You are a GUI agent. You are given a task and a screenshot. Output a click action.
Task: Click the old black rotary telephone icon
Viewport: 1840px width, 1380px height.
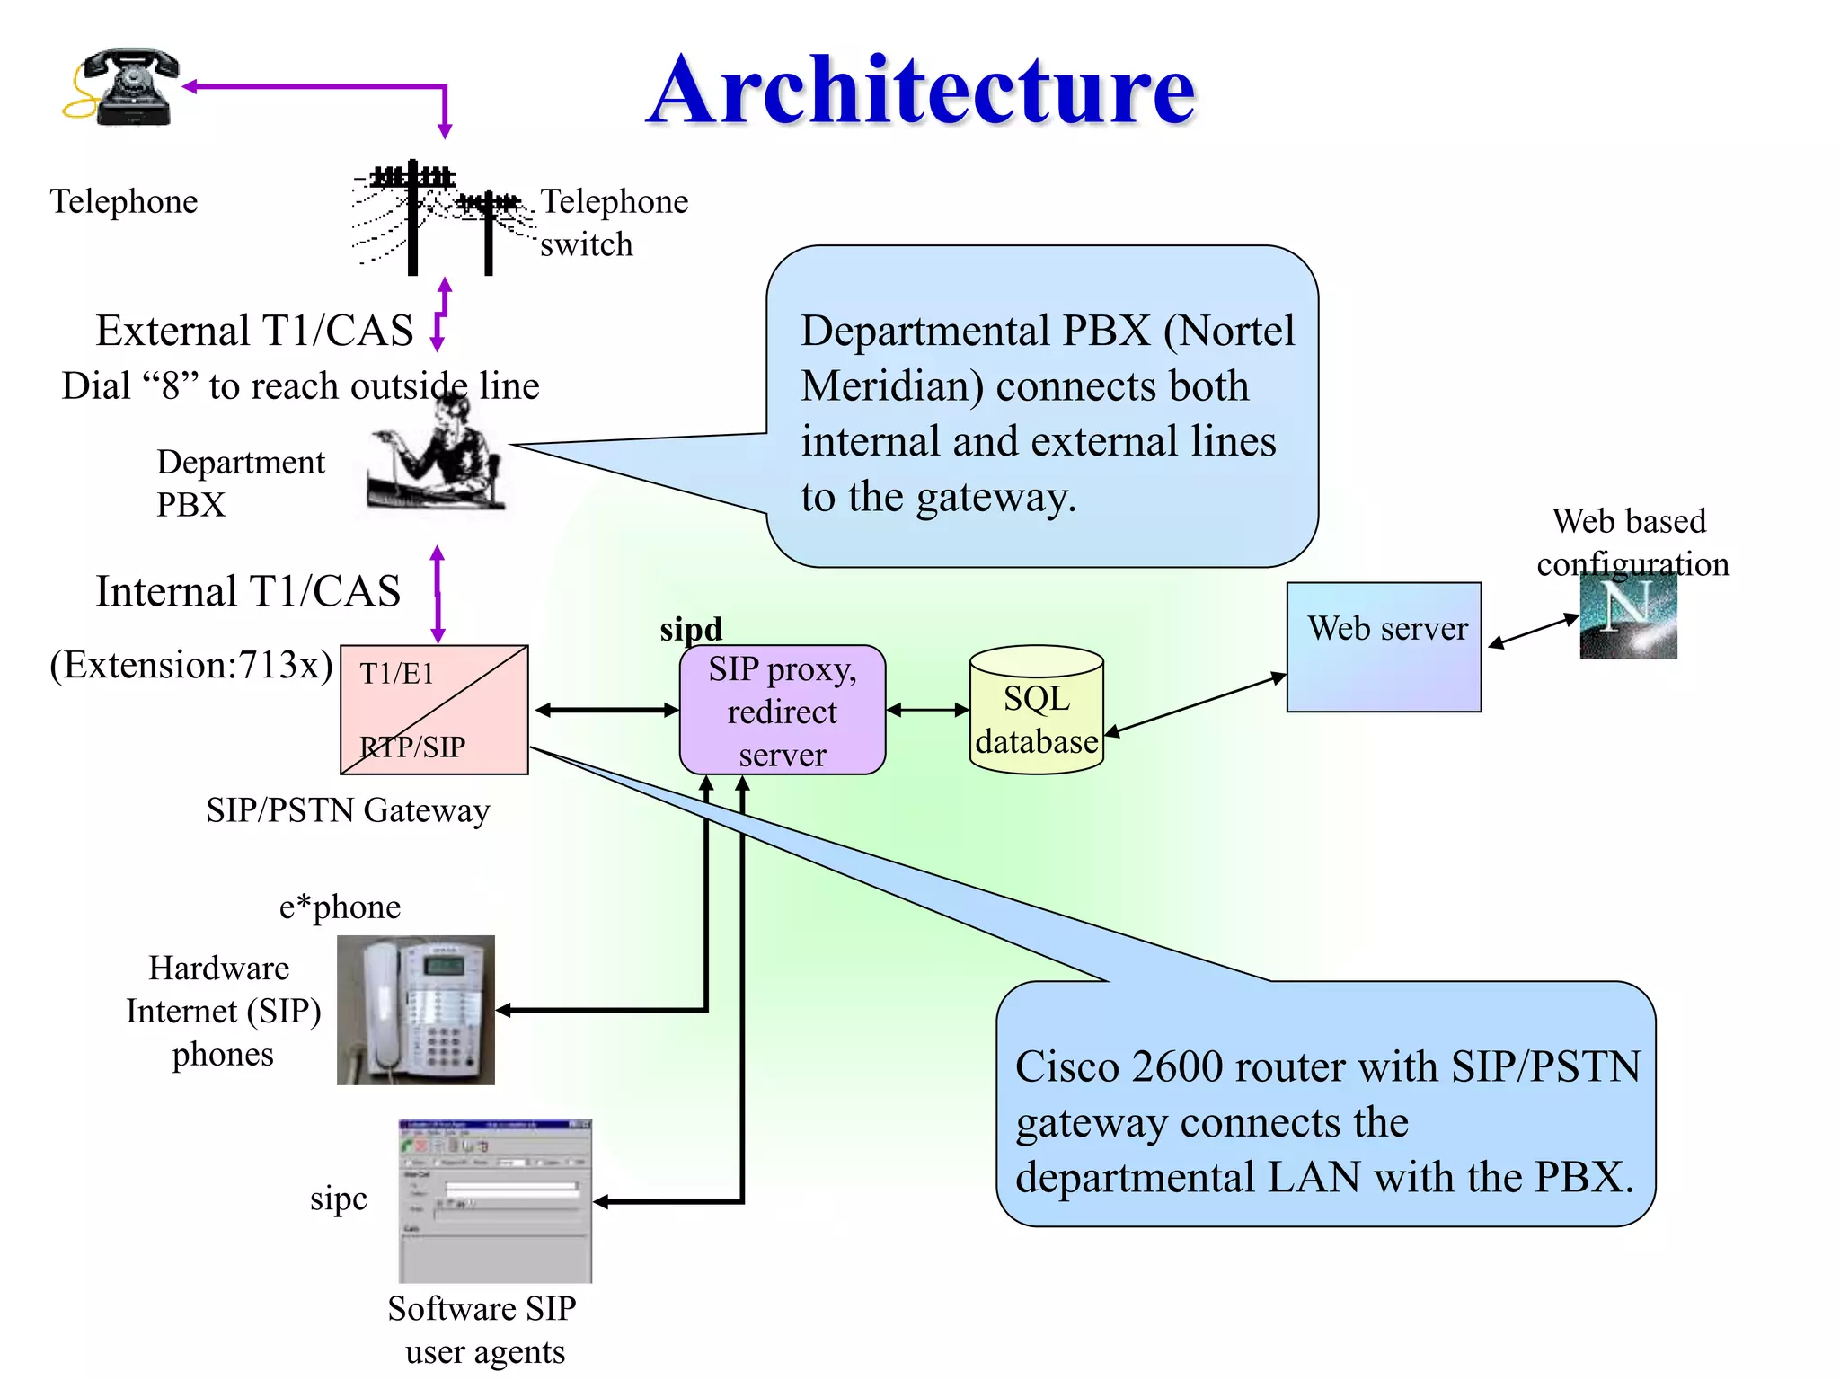126,87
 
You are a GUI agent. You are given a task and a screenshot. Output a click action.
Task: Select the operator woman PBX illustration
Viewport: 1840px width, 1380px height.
438,458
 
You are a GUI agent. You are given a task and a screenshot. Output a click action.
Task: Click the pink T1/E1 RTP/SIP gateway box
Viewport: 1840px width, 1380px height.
434,710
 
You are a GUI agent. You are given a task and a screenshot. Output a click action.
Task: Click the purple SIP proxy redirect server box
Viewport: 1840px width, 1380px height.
782,710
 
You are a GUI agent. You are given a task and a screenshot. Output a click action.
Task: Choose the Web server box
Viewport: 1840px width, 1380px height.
1384,647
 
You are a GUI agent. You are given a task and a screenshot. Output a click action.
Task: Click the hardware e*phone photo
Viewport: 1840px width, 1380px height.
415,1010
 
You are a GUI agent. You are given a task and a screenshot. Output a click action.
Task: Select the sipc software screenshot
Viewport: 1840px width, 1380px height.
495,1200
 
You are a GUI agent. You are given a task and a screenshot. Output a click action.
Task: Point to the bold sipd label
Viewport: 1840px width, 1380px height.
690,629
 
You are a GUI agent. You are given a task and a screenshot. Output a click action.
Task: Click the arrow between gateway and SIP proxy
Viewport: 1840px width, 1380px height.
606,710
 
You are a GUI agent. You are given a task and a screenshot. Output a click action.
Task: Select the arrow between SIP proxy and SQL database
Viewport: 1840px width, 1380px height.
927,710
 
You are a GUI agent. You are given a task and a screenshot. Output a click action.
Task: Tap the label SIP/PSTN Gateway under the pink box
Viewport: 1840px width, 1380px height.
348,810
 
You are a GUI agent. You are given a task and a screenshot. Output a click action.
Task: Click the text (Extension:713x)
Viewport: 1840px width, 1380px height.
191,666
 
